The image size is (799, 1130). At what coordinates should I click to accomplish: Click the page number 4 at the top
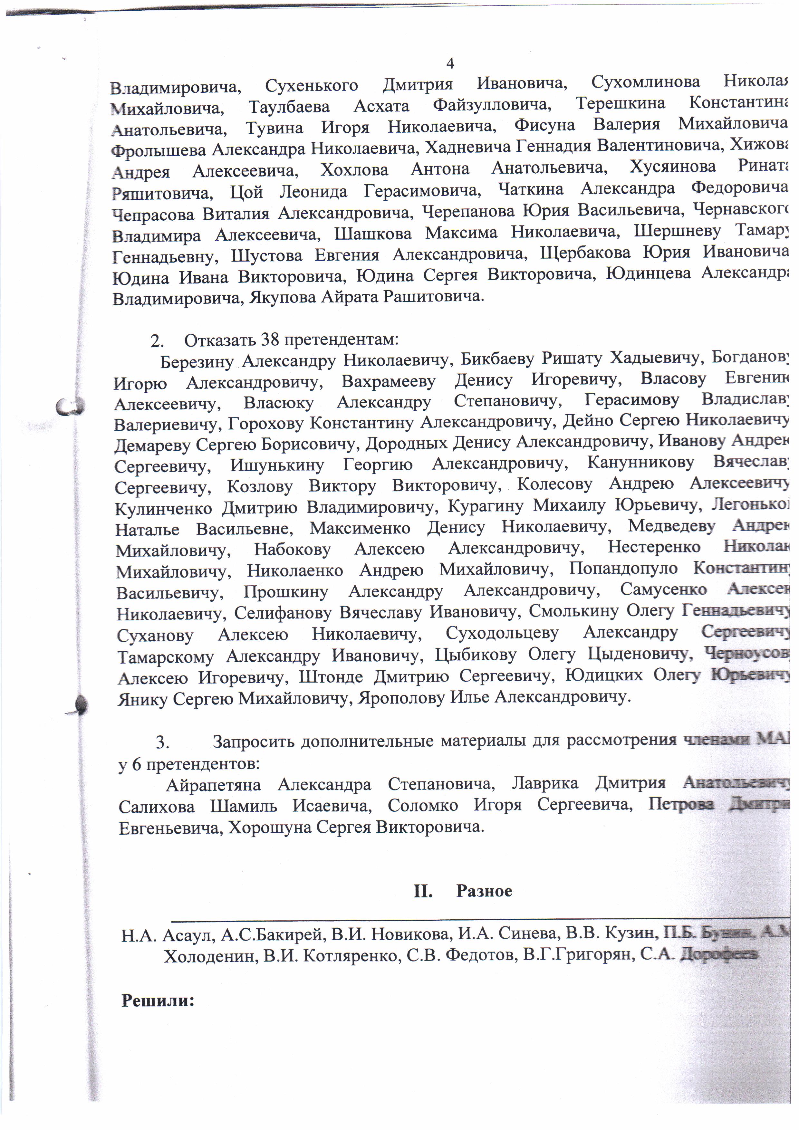(x=449, y=63)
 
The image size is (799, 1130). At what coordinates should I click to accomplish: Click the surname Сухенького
(x=311, y=86)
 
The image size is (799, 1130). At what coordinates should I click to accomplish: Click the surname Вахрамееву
(x=389, y=381)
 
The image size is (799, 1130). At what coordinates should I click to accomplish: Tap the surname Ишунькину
(x=277, y=465)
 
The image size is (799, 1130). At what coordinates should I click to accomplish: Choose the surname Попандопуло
(x=623, y=569)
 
